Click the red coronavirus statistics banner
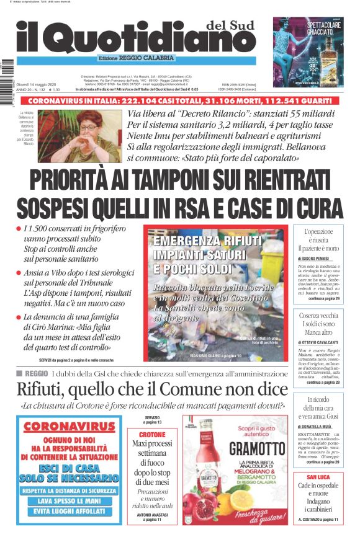(x=180, y=100)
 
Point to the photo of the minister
(x=79, y=136)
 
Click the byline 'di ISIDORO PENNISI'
(x=318, y=257)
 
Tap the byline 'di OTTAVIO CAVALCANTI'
(x=318, y=342)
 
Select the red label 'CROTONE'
(x=152, y=435)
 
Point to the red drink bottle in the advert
(x=204, y=471)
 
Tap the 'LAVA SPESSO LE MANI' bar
(x=70, y=500)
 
